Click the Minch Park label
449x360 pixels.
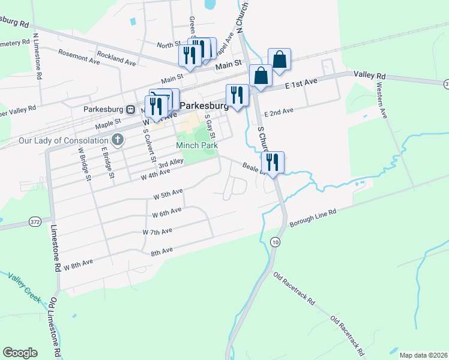coord(196,145)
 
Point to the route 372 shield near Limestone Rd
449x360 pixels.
coord(35,222)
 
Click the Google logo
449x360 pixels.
coord(20,353)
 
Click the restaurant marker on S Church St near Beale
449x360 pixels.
coord(273,162)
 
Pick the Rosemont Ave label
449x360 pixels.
coord(79,57)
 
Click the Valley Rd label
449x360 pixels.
coord(369,76)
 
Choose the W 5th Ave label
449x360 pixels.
coord(167,194)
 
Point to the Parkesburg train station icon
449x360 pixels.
coord(130,110)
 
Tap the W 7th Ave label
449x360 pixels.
coord(157,231)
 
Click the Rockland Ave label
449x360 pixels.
coord(116,60)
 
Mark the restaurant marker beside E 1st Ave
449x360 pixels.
coord(237,95)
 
